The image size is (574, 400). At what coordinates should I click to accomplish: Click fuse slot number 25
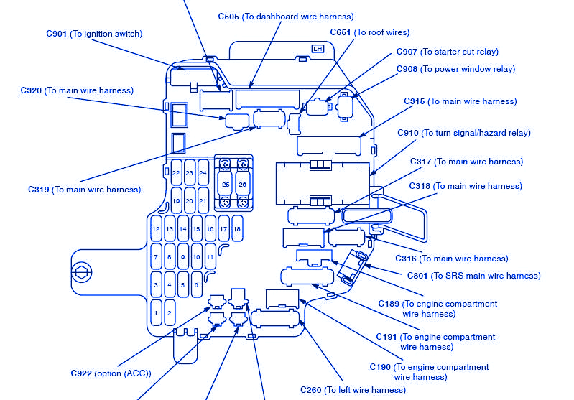[x=226, y=185]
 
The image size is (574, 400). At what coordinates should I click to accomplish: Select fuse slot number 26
[x=243, y=185]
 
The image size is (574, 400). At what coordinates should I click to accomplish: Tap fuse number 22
[x=176, y=173]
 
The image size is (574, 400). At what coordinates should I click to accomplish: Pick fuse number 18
[x=236, y=229]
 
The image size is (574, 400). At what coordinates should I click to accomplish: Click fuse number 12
[x=156, y=229]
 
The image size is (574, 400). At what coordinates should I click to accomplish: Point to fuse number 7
[x=156, y=256]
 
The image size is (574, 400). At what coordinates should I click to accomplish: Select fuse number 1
[x=156, y=312]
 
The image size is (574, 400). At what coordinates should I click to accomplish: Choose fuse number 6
[x=196, y=284]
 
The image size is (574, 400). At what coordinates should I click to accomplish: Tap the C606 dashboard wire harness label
[x=286, y=16]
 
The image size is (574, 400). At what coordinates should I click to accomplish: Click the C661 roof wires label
[x=369, y=32]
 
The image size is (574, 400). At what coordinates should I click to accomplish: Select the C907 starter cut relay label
[x=447, y=52]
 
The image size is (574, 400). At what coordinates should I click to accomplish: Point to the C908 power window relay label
[x=455, y=69]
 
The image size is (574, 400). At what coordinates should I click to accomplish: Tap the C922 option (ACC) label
[x=111, y=373]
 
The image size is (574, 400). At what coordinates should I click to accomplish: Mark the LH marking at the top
[x=317, y=49]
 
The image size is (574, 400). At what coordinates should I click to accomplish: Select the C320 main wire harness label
[x=77, y=90]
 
